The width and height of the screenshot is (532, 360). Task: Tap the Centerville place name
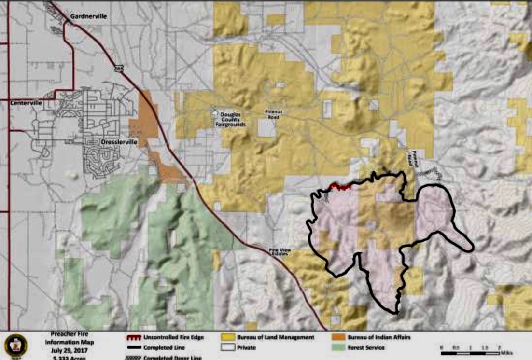coord(26,103)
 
